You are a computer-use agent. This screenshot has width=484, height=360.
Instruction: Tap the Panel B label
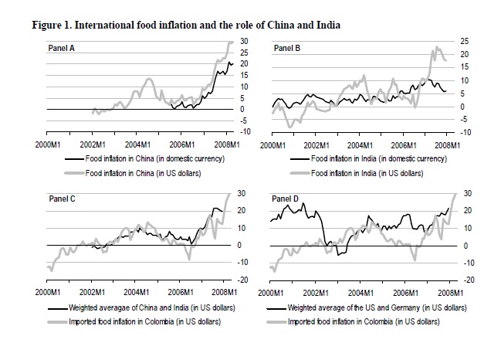tap(288, 49)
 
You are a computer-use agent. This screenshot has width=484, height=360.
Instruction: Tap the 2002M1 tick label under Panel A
tap(93, 144)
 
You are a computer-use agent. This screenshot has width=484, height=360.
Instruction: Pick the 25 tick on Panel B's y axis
tap(465, 40)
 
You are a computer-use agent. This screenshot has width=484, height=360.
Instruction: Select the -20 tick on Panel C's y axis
tap(241, 280)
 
